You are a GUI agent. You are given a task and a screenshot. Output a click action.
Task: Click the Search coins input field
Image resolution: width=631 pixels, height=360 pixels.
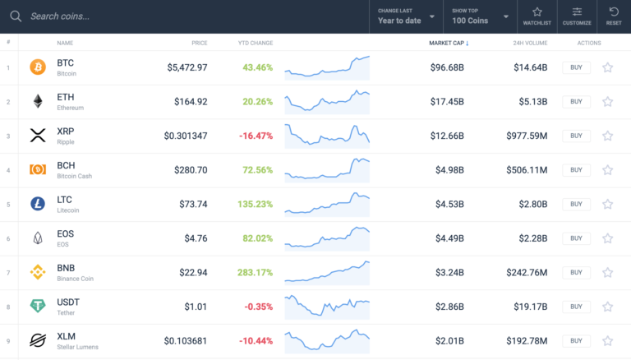(164, 16)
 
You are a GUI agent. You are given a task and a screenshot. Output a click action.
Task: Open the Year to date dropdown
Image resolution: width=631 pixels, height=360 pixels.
(407, 16)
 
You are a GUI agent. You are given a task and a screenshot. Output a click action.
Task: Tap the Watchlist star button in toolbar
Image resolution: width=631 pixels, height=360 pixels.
(537, 16)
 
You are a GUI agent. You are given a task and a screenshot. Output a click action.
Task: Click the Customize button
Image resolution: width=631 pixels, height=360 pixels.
(577, 16)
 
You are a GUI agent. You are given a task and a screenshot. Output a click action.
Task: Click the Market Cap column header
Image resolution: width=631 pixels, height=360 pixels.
(449, 43)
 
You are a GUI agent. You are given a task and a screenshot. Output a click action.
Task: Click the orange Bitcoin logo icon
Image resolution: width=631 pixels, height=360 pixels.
(38, 67)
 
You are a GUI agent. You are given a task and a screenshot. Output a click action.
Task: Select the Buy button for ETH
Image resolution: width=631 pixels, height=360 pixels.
(576, 101)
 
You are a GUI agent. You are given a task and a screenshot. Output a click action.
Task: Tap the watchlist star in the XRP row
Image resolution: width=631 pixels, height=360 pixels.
(608, 136)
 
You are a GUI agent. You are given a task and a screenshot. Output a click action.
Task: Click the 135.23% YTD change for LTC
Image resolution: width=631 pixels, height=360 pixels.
(254, 204)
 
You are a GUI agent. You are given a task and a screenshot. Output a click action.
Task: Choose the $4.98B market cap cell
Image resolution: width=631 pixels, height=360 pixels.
(449, 170)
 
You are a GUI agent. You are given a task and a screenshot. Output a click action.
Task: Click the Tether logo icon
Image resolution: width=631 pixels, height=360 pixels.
(38, 306)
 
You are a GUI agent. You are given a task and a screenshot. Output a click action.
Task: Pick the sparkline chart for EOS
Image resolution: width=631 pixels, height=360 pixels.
(327, 238)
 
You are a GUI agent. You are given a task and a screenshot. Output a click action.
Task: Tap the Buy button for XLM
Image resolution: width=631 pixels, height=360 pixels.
(576, 340)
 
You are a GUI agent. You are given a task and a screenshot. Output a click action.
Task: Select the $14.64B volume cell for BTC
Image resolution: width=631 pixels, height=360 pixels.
(530, 67)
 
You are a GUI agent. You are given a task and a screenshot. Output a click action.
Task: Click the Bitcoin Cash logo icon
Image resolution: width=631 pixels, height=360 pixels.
(38, 169)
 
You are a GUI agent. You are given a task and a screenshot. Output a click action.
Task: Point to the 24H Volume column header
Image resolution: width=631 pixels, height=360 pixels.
(530, 43)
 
